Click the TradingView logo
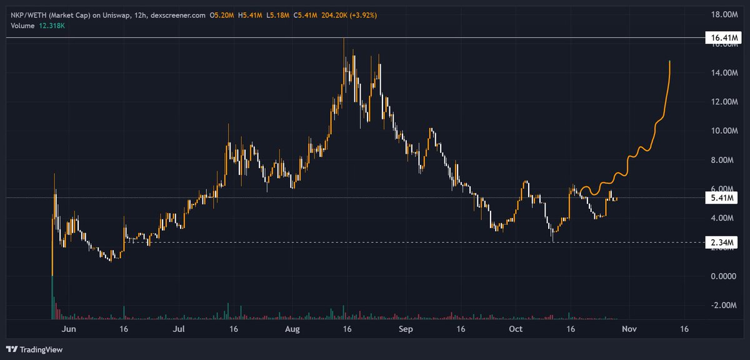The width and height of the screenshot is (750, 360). (x=35, y=349)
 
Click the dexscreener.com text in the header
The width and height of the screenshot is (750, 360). (x=178, y=14)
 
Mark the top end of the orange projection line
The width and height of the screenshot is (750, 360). (x=670, y=61)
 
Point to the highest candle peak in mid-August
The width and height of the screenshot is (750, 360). (x=344, y=39)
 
